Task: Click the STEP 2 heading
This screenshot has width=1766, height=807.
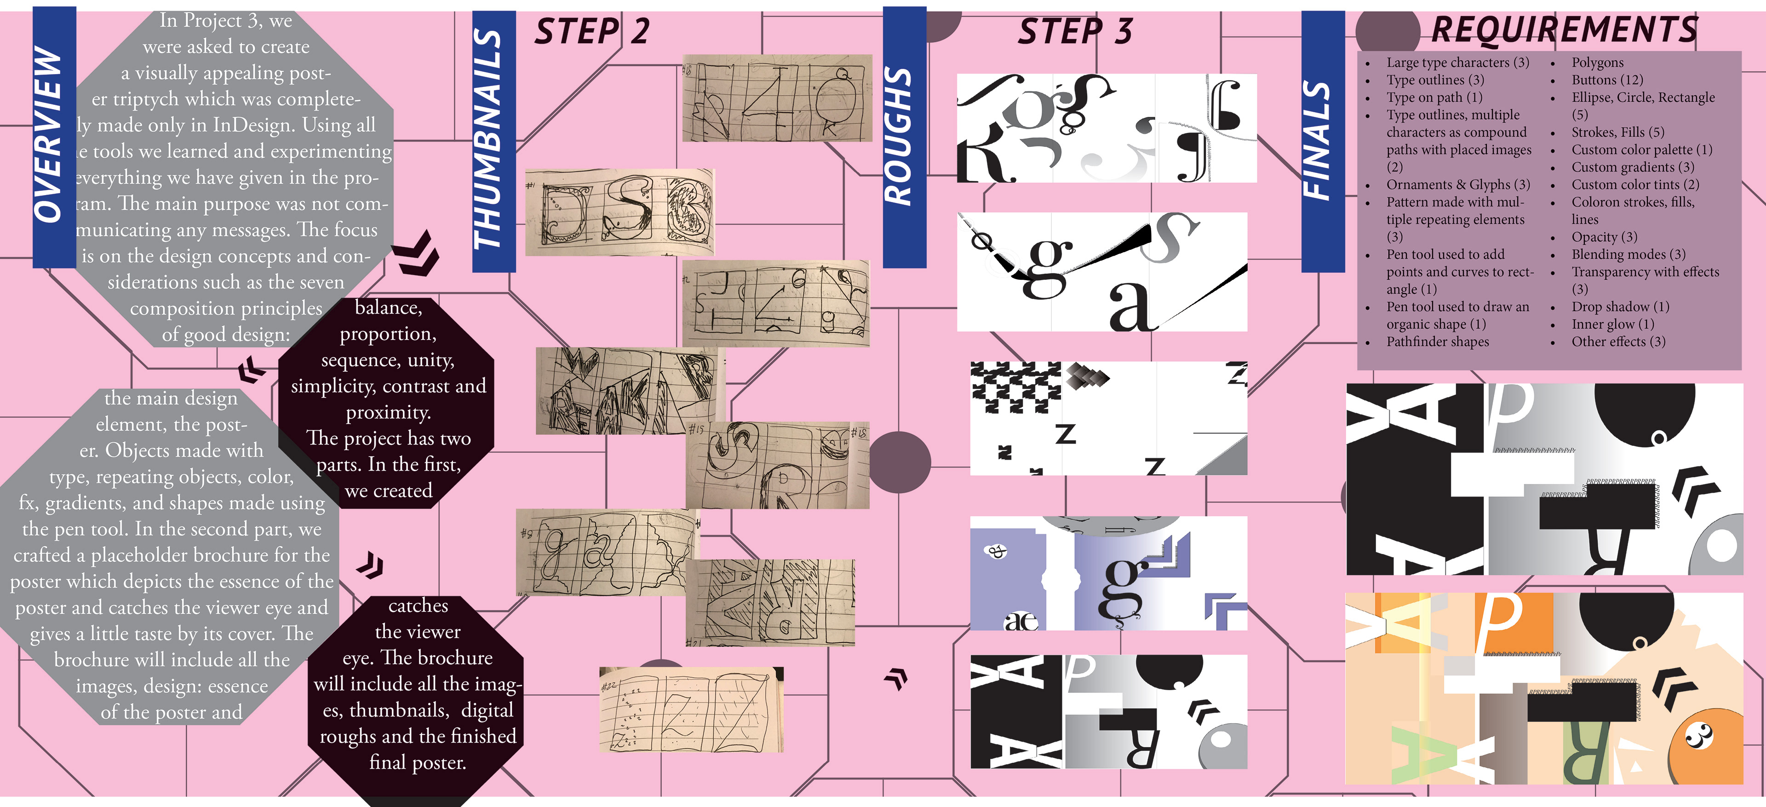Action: coord(591,32)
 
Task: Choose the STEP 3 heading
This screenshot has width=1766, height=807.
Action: coord(1075,32)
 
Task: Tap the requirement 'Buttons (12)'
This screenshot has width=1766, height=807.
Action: coord(1607,80)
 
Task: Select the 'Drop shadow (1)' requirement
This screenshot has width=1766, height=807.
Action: coord(1620,306)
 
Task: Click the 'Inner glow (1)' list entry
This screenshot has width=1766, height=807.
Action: coord(1612,324)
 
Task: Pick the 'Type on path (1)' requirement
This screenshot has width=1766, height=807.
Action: coord(1434,98)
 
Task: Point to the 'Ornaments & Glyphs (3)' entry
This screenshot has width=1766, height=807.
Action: coord(1457,184)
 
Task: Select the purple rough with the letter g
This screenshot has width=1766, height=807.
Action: coord(1108,574)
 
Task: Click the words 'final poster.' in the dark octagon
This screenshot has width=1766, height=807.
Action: coord(418,762)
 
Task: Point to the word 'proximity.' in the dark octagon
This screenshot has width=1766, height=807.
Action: coord(389,413)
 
